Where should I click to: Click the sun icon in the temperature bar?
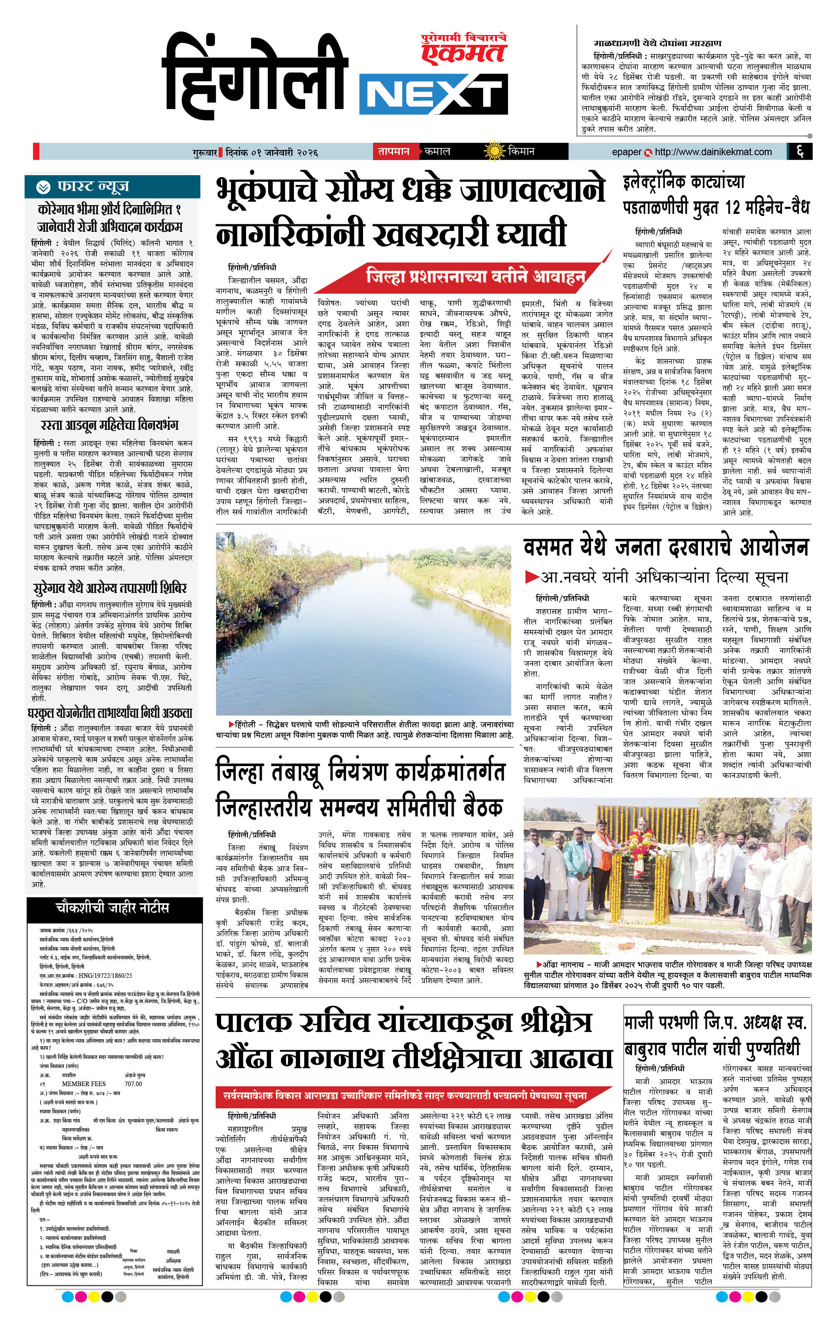click(x=494, y=151)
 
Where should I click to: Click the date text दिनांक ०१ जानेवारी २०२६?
click(x=271, y=153)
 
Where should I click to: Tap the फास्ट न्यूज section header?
click(x=93, y=187)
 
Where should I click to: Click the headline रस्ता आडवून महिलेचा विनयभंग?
click(x=110, y=425)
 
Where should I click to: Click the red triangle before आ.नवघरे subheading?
click(x=532, y=577)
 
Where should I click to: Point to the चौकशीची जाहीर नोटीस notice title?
click(x=112, y=908)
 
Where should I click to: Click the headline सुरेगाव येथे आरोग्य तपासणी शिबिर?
click(x=110, y=588)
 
